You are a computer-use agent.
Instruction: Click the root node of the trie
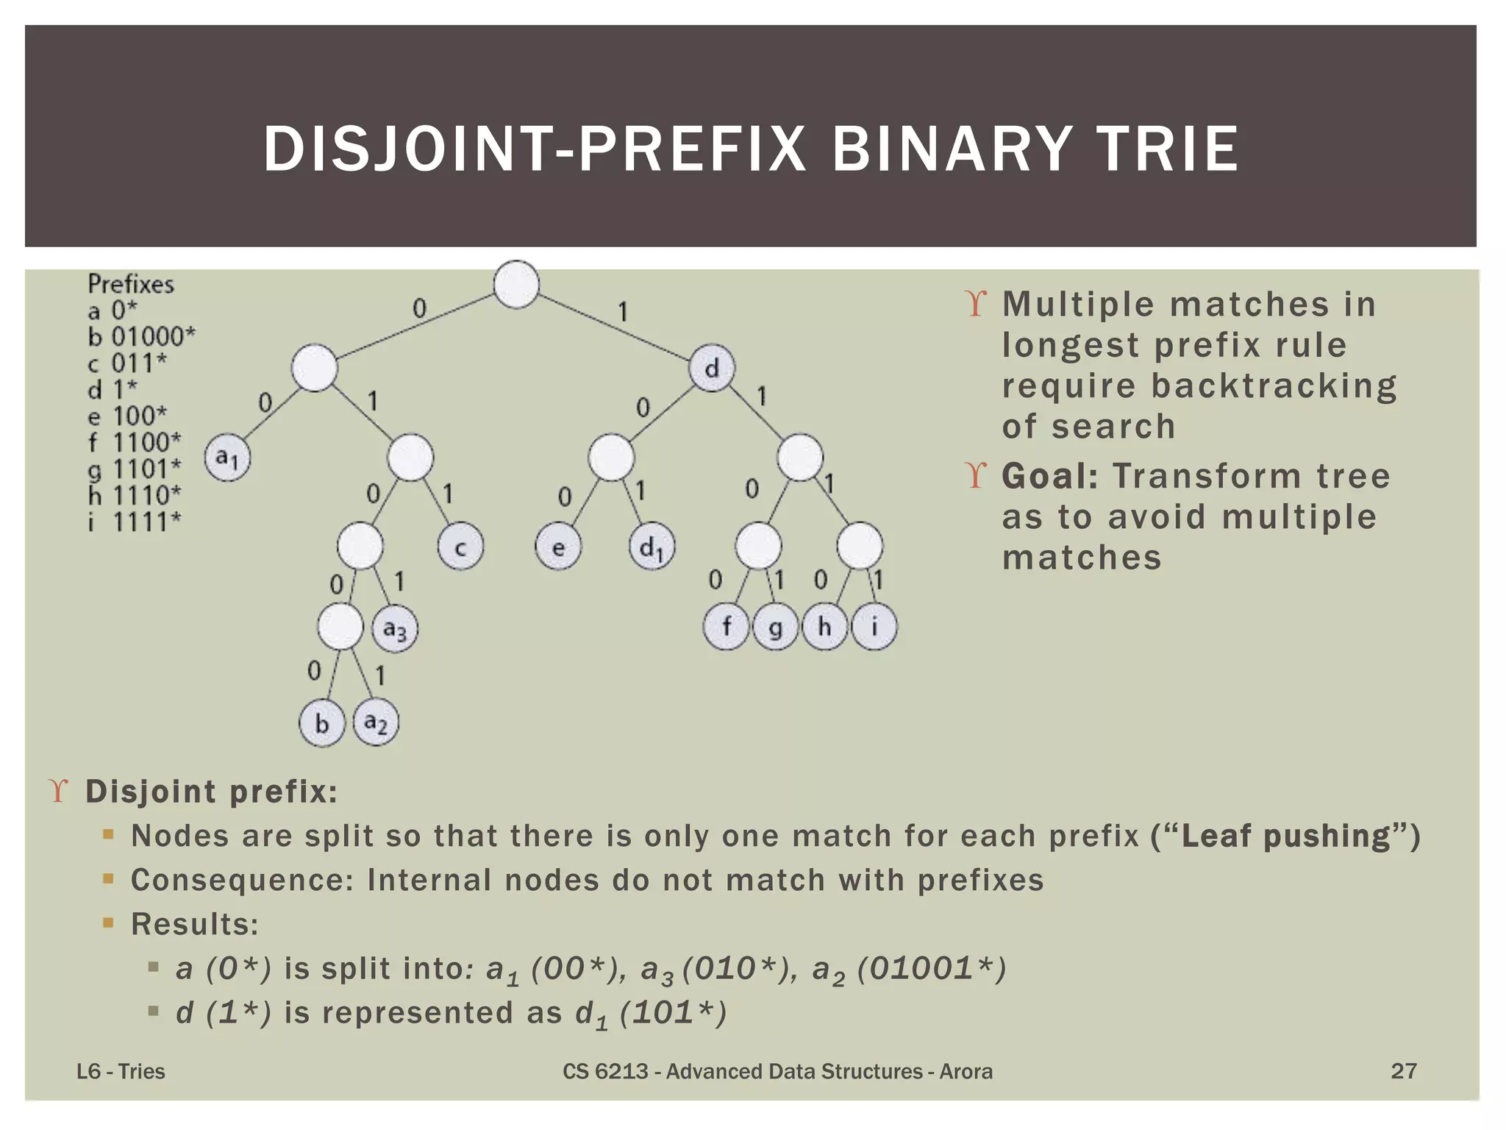pyautogui.click(x=516, y=285)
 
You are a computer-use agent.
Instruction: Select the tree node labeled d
pyautogui.click(x=712, y=368)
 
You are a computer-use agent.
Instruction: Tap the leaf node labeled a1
pyautogui.click(x=227, y=458)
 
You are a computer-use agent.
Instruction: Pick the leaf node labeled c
pyautogui.click(x=460, y=547)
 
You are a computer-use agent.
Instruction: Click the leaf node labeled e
pyautogui.click(x=558, y=547)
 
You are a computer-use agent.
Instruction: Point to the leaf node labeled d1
pyautogui.click(x=652, y=547)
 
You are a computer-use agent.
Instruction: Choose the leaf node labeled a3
pyautogui.click(x=395, y=629)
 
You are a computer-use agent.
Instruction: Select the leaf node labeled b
pyautogui.click(x=322, y=723)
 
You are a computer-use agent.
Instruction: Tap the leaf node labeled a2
pyautogui.click(x=376, y=723)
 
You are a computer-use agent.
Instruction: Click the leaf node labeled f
pyautogui.click(x=727, y=627)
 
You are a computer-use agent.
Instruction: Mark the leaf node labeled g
pyautogui.click(x=775, y=627)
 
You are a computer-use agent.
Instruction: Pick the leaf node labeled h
pyautogui.click(x=824, y=627)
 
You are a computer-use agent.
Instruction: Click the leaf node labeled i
pyautogui.click(x=874, y=627)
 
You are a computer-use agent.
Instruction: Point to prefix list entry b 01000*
pyautogui.click(x=142, y=337)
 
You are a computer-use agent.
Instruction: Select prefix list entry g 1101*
pyautogui.click(x=135, y=469)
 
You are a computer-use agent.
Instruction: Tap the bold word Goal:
pyautogui.click(x=1050, y=476)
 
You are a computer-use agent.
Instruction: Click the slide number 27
pyautogui.click(x=1403, y=1070)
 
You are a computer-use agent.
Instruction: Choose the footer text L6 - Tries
pyautogui.click(x=121, y=1071)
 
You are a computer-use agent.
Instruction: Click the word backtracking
pyautogui.click(x=1274, y=386)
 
